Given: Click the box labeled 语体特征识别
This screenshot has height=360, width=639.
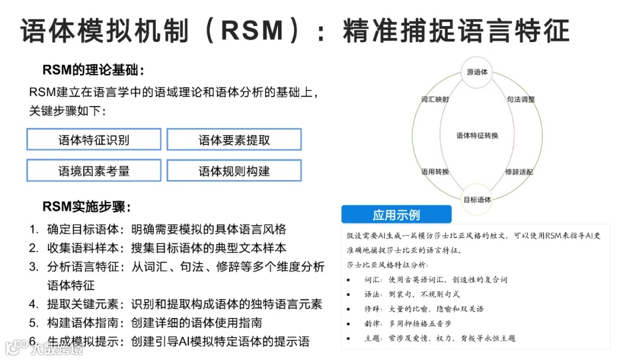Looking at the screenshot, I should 93,140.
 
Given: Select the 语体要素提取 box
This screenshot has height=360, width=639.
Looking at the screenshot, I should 234,140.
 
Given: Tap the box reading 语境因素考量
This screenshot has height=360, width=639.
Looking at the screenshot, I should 93,171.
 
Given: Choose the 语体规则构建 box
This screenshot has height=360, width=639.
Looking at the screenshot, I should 234,171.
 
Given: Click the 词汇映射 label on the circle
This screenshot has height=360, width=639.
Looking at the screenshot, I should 435,99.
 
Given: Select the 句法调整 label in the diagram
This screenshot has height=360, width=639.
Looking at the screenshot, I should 521,99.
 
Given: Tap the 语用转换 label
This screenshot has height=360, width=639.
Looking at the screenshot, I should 435,172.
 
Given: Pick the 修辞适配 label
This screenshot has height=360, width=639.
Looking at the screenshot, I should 519,172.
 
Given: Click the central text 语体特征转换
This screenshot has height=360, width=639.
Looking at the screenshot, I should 477,136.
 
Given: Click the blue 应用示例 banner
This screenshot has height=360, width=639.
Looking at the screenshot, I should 396,214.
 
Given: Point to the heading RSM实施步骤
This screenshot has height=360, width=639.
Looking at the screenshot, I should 86,207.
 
